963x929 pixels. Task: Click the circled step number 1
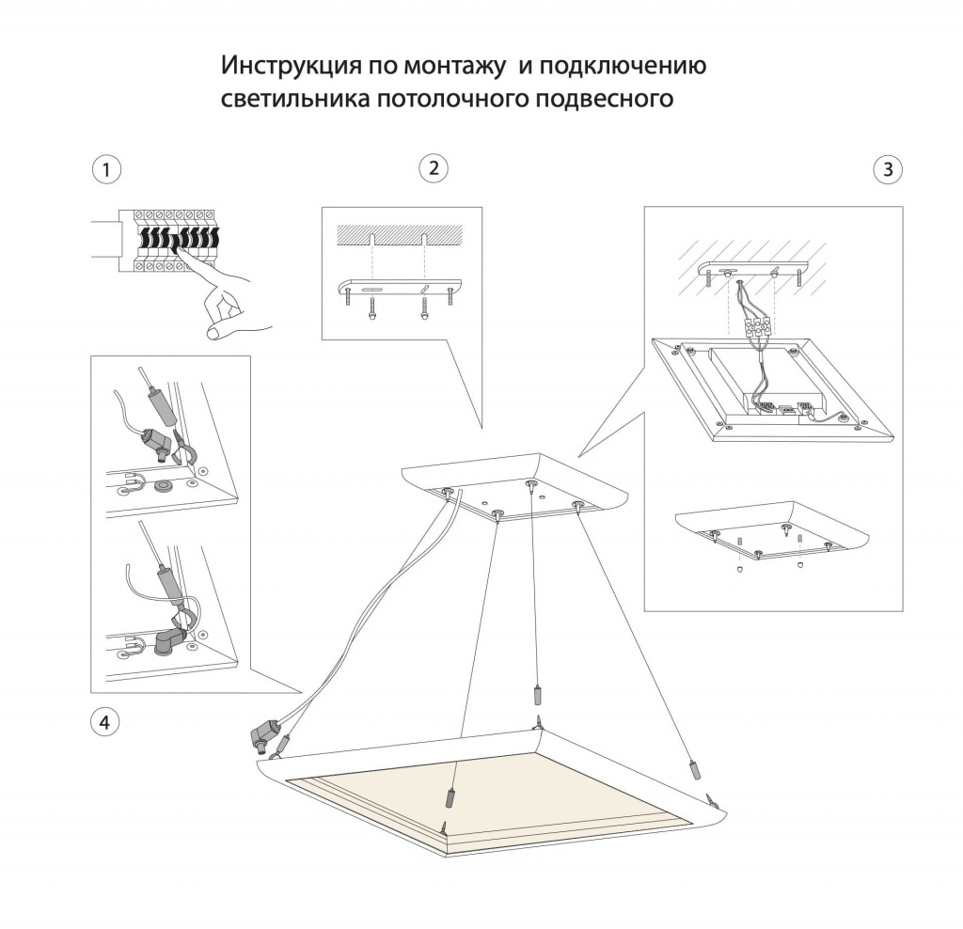point(106,170)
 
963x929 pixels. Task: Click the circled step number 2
point(433,168)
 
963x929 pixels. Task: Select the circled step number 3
point(888,170)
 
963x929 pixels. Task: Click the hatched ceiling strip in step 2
point(401,231)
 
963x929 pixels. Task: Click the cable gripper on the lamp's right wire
point(695,768)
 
